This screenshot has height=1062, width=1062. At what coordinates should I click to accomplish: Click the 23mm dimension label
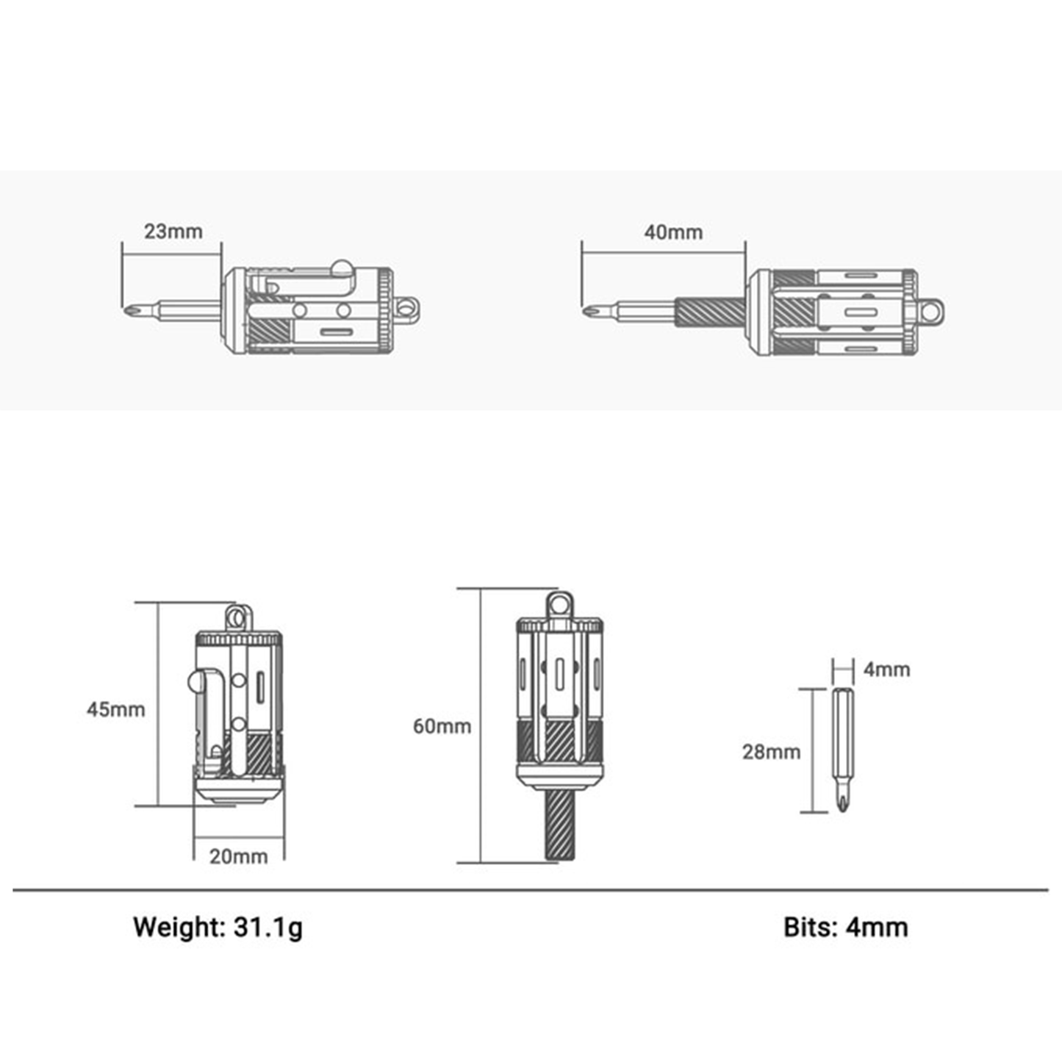173,232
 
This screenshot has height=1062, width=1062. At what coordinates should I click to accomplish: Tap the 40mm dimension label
673,232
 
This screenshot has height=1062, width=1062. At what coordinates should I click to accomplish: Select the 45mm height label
115,709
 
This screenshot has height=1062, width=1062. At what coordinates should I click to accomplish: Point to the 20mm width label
239,856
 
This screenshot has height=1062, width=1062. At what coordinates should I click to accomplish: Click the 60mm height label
442,726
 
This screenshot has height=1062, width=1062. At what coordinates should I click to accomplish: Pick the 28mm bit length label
771,752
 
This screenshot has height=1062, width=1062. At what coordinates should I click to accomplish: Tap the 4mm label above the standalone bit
887,670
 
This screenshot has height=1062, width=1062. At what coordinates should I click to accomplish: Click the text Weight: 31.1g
218,927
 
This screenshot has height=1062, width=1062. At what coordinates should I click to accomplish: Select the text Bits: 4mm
846,927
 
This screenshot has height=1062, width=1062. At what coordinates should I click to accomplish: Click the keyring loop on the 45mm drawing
239,618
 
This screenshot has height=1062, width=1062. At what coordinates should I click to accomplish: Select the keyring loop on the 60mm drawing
559,604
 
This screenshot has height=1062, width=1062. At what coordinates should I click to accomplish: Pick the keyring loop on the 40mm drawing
930,312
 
